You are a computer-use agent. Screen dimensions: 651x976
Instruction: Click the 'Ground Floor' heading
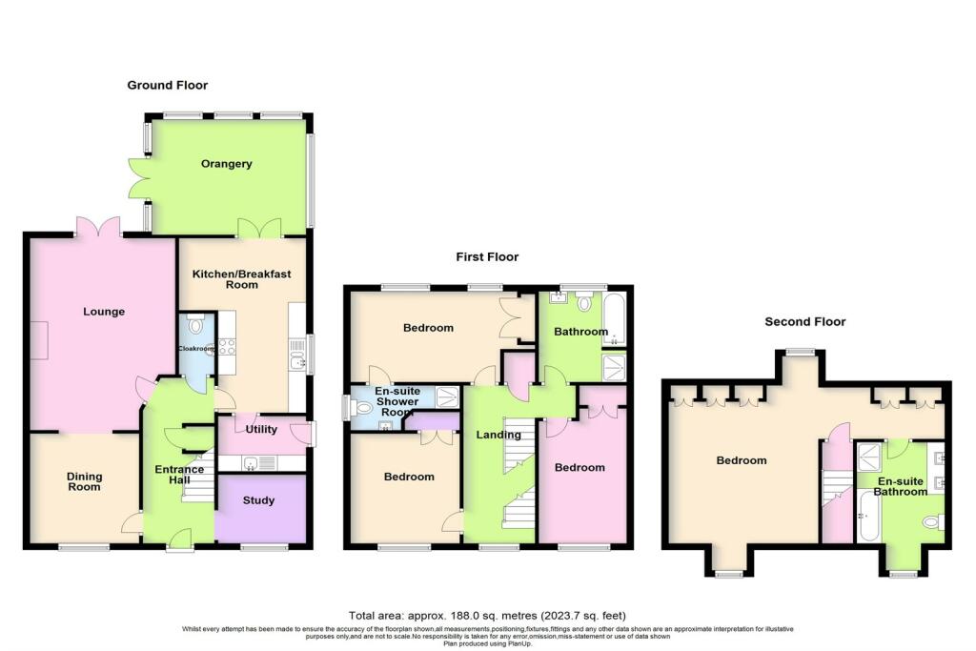[x=168, y=86]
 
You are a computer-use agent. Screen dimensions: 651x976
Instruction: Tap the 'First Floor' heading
[x=486, y=257]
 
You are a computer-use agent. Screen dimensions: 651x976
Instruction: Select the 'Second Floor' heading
[x=805, y=322]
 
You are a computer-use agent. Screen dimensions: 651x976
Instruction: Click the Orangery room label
[x=227, y=164]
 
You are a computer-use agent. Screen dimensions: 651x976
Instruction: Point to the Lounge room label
[x=103, y=312]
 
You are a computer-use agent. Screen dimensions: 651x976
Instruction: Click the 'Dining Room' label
[x=83, y=480]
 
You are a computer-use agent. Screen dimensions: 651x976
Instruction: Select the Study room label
[x=258, y=500]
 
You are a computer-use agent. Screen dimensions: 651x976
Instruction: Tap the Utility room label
[x=261, y=430]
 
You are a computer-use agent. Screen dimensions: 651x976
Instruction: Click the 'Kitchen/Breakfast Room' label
[x=241, y=279]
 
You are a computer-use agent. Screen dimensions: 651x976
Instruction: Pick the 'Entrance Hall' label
[x=179, y=475]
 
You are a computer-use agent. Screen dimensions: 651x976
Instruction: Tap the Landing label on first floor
[x=494, y=436]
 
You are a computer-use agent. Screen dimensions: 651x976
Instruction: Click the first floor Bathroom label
[x=581, y=332]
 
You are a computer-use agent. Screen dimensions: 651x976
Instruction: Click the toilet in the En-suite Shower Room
[x=360, y=407]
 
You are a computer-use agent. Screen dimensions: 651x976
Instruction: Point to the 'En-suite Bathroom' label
[x=901, y=486]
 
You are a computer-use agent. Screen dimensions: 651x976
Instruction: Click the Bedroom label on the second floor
[x=741, y=461]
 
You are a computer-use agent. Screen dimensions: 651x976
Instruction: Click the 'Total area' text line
[x=487, y=616]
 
